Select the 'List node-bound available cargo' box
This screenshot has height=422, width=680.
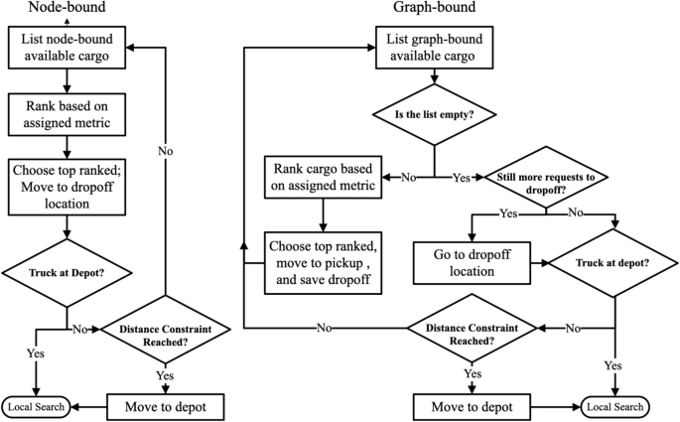click(x=67, y=46)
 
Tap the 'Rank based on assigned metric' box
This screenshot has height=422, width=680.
click(x=67, y=115)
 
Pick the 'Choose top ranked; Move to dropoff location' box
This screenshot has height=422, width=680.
click(x=67, y=186)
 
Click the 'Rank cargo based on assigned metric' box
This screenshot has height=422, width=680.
click(x=321, y=177)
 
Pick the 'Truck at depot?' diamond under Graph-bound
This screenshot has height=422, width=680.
click(x=616, y=263)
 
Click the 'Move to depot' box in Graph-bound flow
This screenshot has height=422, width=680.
click(x=473, y=405)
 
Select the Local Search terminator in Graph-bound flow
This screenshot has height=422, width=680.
click(x=615, y=405)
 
